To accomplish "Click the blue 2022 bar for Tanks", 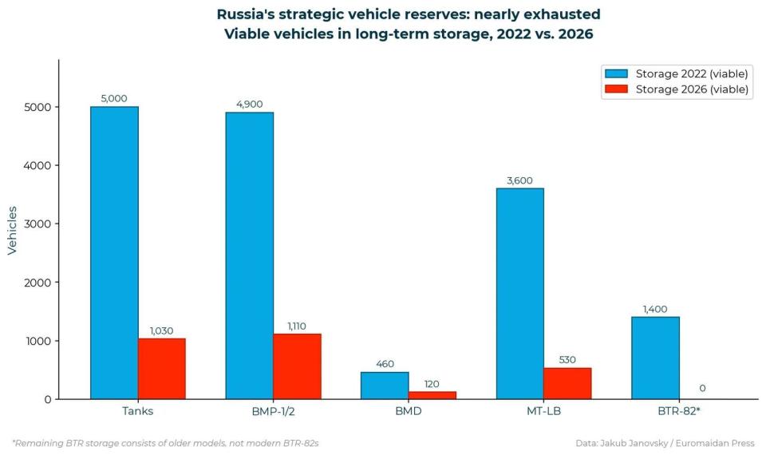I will pos(114,252).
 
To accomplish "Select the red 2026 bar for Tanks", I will pos(161,369).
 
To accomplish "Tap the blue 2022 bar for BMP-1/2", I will pos(249,255).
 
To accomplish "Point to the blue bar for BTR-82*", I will pos(655,358).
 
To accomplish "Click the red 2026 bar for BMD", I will pos(432,395).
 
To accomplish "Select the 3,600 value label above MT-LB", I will pos(519,180).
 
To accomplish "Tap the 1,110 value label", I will pos(296,326).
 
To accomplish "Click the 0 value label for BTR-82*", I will pos(702,388).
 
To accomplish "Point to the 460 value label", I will pos(385,364).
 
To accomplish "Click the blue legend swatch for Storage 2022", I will pos(618,73).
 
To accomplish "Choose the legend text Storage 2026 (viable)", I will pos(692,89).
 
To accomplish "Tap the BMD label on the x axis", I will pos(408,412).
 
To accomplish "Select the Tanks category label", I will pos(137,412).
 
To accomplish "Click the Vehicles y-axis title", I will pos(12,230).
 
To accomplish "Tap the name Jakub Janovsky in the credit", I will pos(638,442).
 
